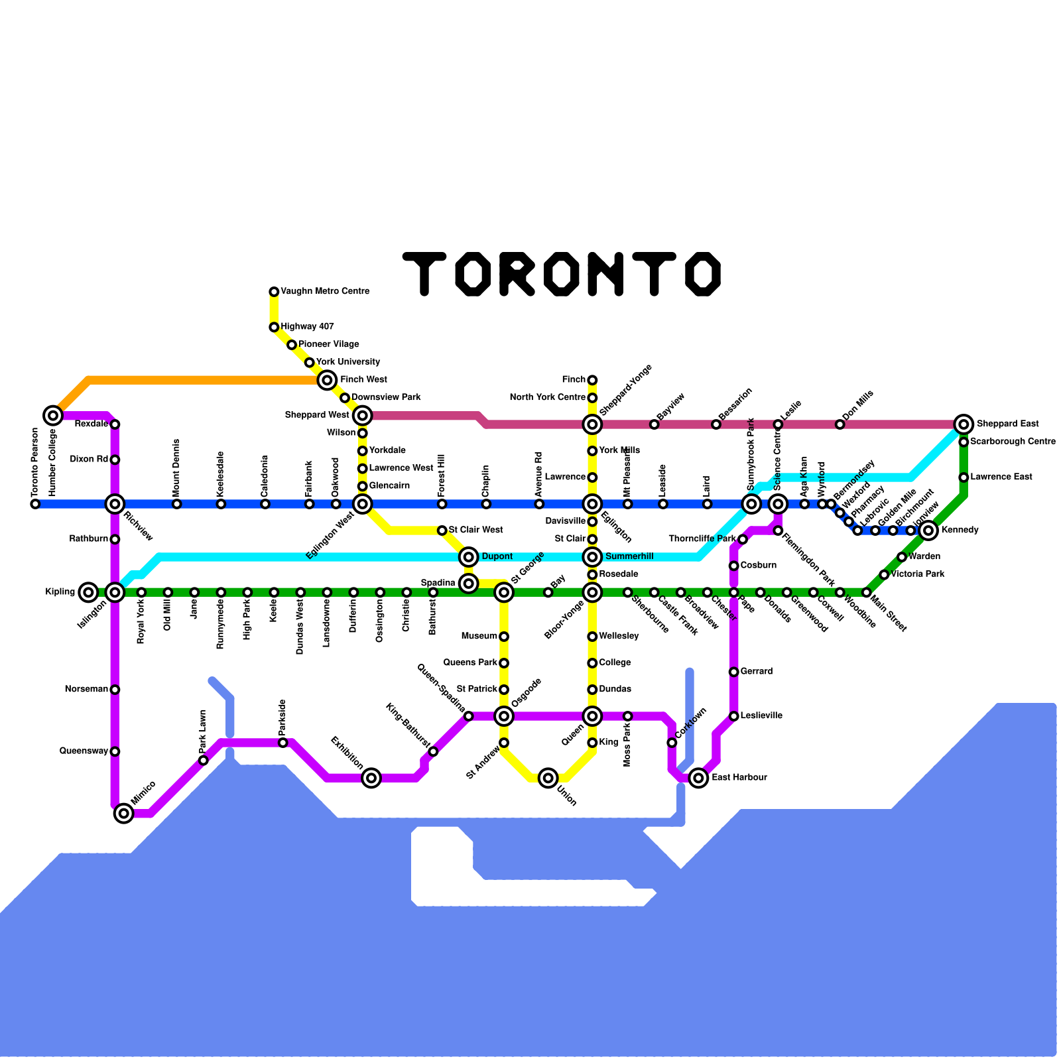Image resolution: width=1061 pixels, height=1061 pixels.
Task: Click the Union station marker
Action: click(548, 778)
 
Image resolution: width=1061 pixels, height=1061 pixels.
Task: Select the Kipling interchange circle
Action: click(88, 592)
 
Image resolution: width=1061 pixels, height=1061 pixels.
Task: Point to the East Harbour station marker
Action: click(698, 778)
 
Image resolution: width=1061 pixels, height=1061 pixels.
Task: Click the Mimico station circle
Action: click(124, 813)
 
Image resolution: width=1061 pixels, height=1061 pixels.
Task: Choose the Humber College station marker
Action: click(53, 416)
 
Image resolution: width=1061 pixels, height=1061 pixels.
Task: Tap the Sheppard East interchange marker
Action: click(964, 424)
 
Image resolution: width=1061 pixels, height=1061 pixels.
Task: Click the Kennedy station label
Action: click(960, 530)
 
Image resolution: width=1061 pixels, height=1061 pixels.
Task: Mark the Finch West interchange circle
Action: click(327, 380)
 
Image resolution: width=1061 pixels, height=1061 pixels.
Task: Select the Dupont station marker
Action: click(469, 556)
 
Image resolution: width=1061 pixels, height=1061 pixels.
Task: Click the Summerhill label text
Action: click(629, 556)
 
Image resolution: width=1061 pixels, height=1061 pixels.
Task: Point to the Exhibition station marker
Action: click(371, 778)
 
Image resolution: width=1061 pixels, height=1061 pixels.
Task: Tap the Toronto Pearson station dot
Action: click(35, 504)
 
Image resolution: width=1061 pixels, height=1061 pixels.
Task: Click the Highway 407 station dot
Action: click(274, 327)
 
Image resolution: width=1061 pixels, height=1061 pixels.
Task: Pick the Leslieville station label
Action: click(761, 716)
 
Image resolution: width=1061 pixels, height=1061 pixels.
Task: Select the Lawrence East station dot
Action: click(964, 477)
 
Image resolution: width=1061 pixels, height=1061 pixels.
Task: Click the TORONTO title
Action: click(562, 273)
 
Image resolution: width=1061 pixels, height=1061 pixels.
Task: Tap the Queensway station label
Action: click(84, 751)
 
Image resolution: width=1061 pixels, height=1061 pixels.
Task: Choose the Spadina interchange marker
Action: click(469, 584)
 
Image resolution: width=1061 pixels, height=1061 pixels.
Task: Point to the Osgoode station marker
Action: click(504, 716)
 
